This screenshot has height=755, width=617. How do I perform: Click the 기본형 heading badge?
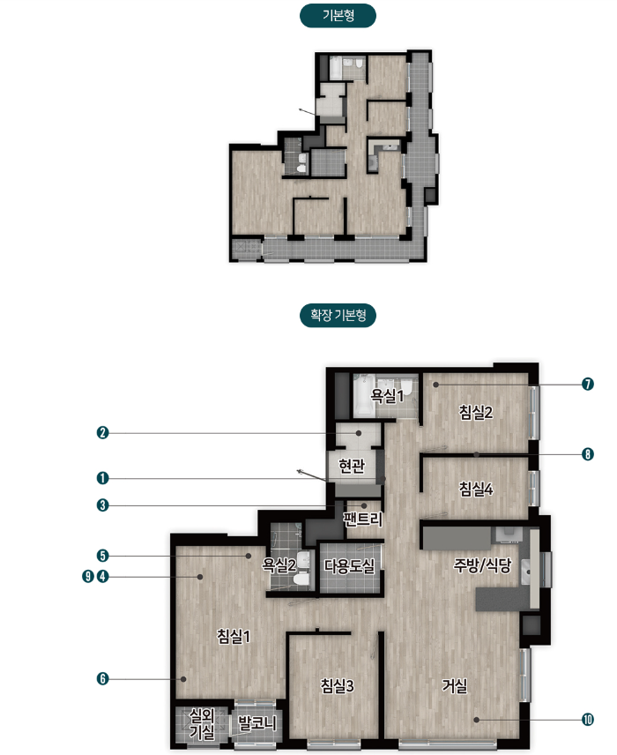pos(338,15)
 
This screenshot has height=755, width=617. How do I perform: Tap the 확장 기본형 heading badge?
pos(338,316)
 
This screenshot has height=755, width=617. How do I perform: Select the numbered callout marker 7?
pos(588,385)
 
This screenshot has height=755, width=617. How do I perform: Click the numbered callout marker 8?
pos(588,454)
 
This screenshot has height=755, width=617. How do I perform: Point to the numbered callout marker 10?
pos(588,720)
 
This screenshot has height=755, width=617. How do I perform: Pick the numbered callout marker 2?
pos(102,432)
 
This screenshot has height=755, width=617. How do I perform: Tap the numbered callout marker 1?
pos(102,478)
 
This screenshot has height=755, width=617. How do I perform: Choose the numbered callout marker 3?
pos(102,505)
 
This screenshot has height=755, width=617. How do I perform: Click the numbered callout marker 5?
pos(102,556)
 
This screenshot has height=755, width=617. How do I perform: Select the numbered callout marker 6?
pos(102,679)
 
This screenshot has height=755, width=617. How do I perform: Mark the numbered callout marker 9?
pos(87,576)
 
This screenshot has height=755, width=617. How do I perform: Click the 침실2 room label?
pos(475,412)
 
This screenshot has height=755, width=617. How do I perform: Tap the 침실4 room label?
pos(475,489)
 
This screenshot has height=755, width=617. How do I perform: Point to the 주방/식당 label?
pos(482,564)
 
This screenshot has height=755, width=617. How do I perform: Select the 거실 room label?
pos(455,685)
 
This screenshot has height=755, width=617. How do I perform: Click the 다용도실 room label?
pos(349,565)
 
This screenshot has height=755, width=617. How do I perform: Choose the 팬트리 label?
pos(363,519)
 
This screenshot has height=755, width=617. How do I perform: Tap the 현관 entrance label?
pos(352,466)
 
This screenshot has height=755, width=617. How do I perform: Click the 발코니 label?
pos(257,723)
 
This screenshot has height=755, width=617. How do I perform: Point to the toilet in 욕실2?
pos(301,579)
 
